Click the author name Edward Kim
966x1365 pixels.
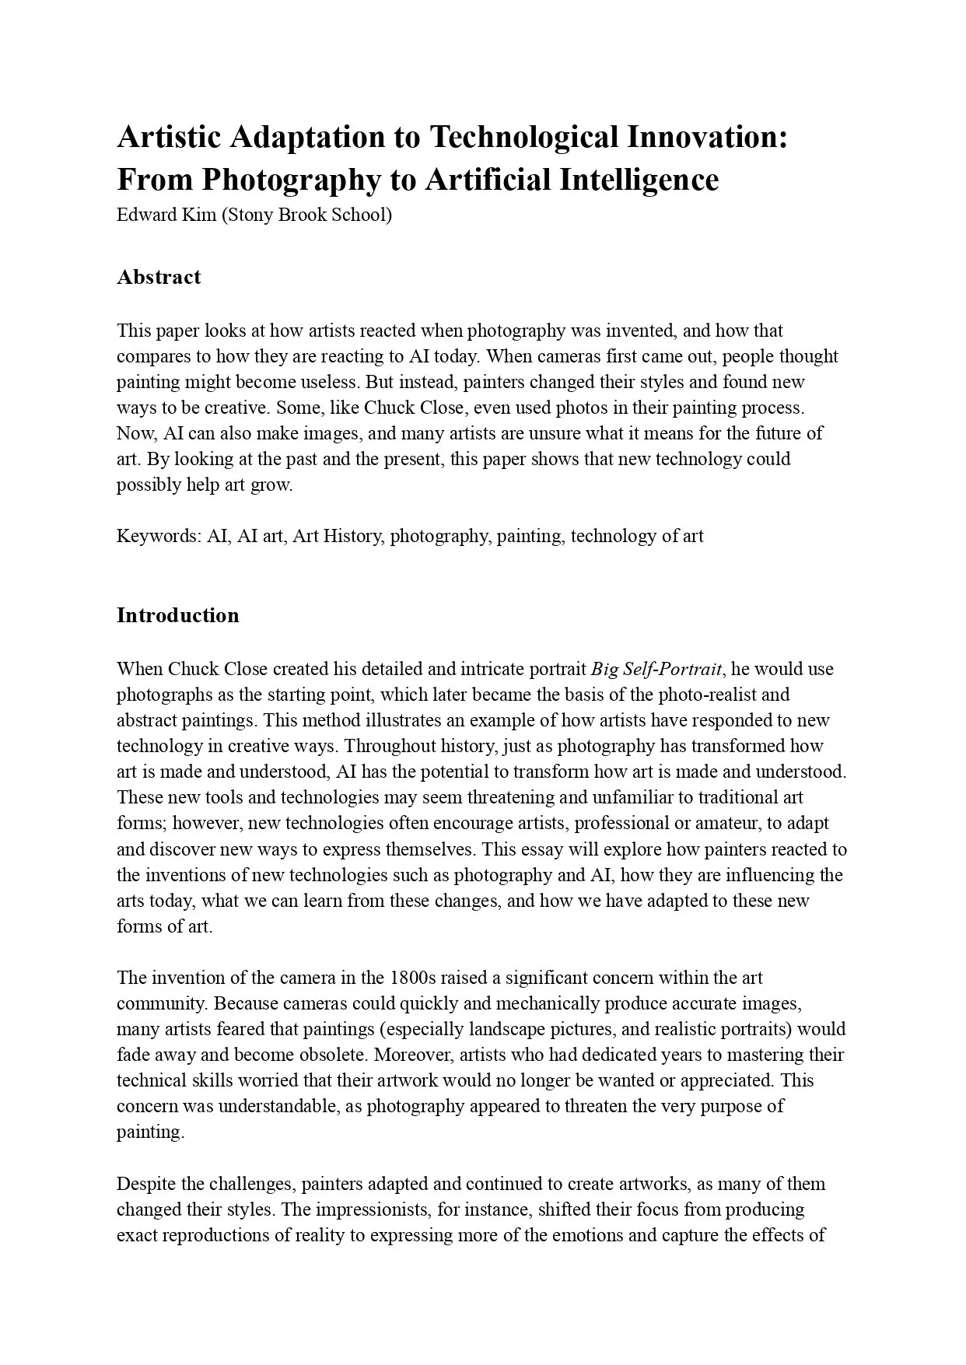166,215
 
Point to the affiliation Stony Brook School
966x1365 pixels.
306,215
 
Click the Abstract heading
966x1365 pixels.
159,277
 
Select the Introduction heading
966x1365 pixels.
178,615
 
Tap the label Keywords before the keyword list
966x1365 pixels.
158,536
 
